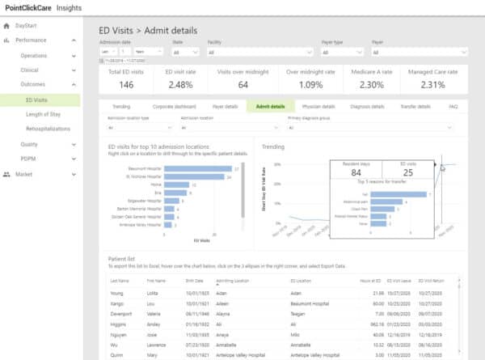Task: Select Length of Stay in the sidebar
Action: [x=44, y=114]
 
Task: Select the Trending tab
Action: [x=121, y=106]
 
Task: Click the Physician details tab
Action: [x=318, y=106]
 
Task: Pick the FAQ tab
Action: [x=453, y=106]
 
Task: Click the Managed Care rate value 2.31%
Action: [x=435, y=84]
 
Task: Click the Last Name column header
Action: [x=119, y=280]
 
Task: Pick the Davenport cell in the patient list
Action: [x=121, y=310]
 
